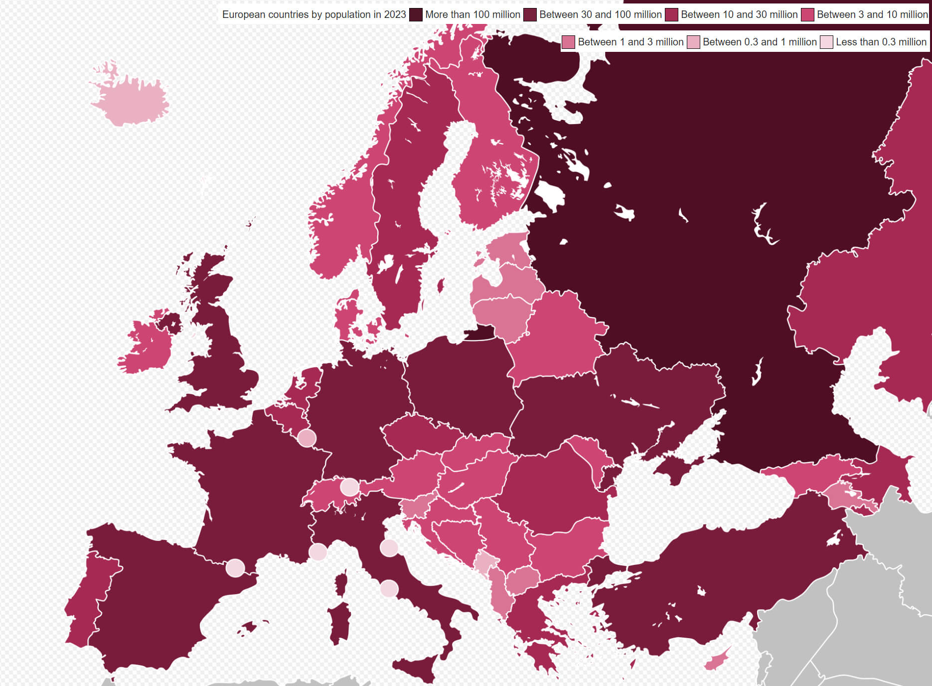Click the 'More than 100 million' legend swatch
tap(416, 15)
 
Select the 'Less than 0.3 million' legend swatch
tap(826, 42)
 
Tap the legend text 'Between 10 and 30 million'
tap(739, 15)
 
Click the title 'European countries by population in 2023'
tap(314, 15)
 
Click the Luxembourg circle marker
tap(307, 438)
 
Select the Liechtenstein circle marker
tap(349, 487)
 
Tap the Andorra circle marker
tap(235, 568)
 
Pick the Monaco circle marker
tap(317, 552)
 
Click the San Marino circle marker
tap(389, 548)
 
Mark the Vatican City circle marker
tap(389, 588)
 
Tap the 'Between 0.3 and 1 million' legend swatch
tap(693, 42)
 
